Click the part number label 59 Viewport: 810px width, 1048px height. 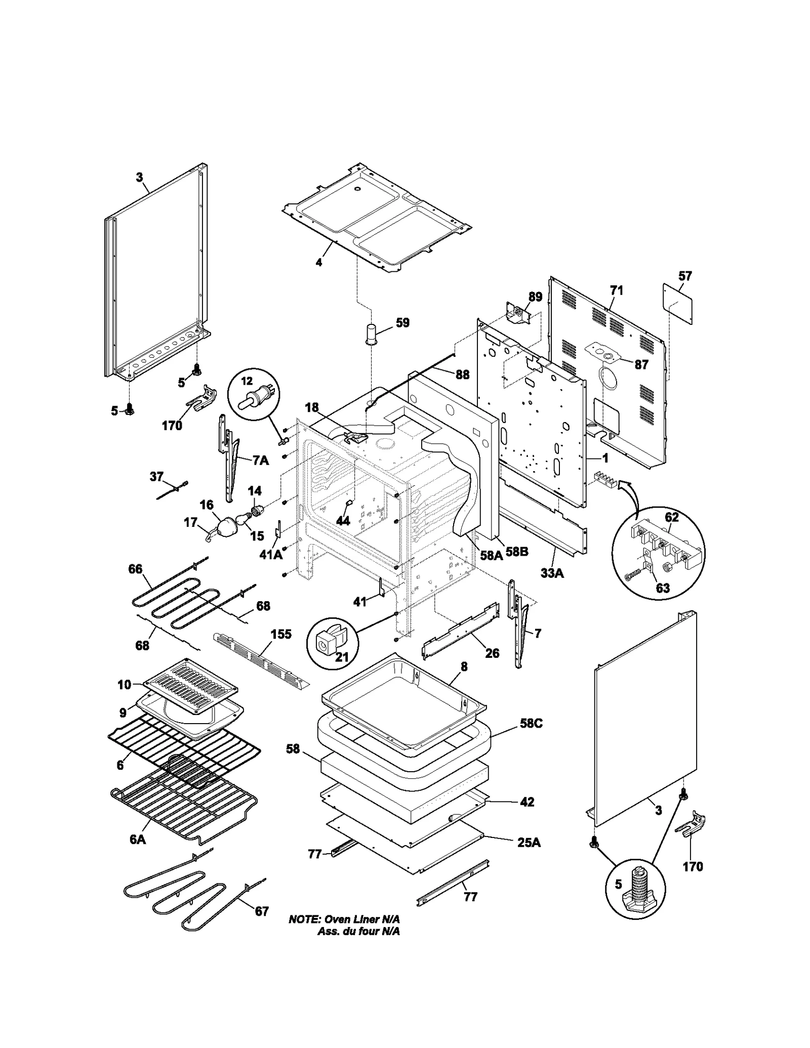pos(402,322)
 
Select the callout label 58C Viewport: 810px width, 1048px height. pos(531,723)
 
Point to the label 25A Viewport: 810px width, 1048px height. pos(529,842)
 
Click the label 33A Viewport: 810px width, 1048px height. pos(552,573)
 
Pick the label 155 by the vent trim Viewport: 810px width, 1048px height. pos(281,634)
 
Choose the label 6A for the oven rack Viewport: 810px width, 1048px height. pos(137,840)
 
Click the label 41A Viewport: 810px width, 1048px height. pos(271,555)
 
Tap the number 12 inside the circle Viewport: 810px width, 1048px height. pos(246,381)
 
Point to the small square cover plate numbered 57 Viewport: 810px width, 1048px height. pos(678,304)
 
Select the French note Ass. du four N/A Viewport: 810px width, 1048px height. pos(358,931)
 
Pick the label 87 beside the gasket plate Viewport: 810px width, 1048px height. pos(641,364)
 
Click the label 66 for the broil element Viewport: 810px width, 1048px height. pos(135,569)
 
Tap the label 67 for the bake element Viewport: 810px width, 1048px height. pos(261,911)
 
